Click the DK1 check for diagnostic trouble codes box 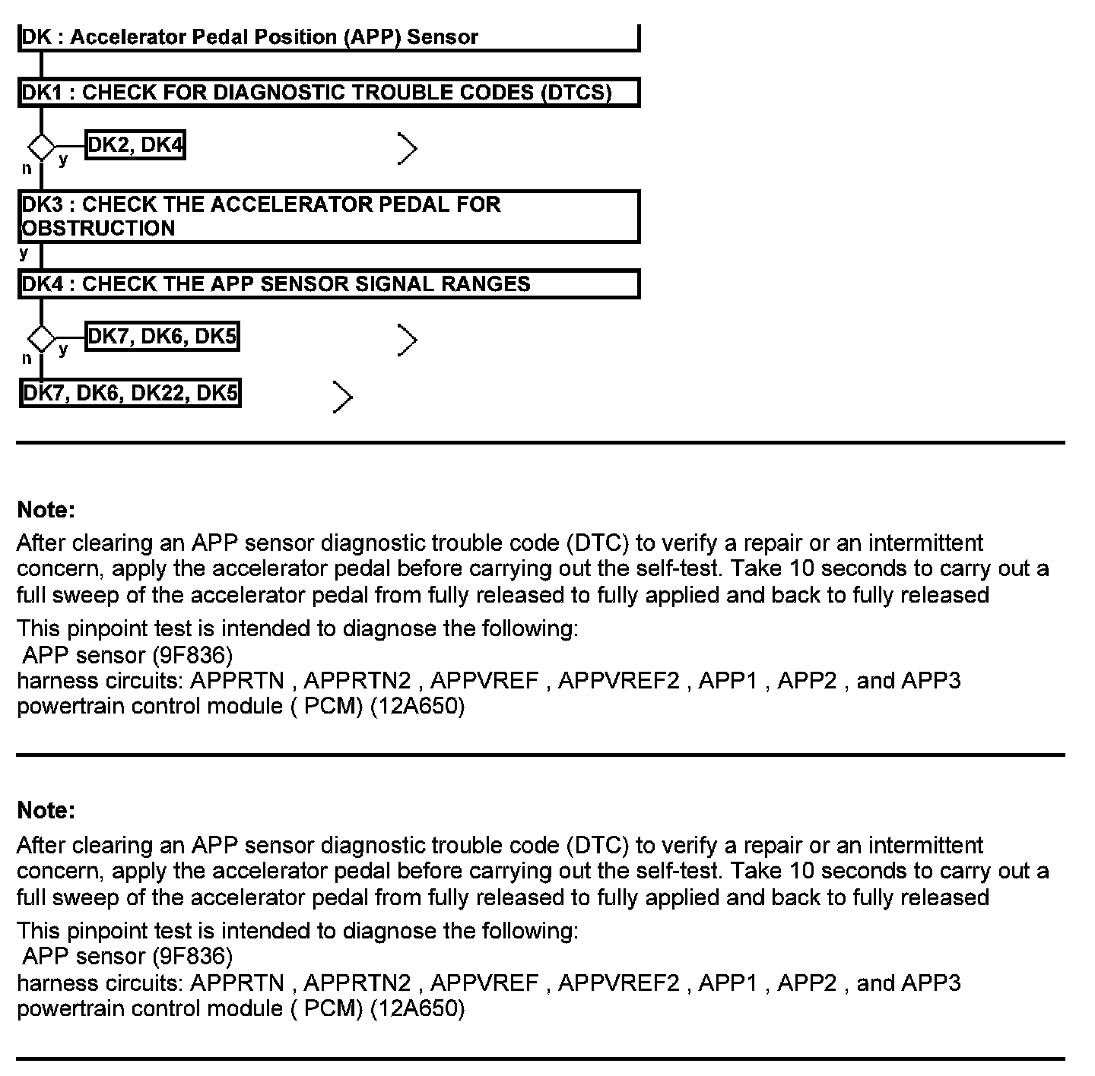(328, 93)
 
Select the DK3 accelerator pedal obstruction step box (328, 217)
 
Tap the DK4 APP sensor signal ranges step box (328, 284)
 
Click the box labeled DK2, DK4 (135, 144)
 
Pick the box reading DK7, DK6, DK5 (162, 336)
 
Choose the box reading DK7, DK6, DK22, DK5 (130, 393)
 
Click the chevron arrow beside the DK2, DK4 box (408, 149)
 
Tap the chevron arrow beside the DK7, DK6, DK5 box (408, 340)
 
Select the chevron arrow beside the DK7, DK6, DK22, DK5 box (343, 397)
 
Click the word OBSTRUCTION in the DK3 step (99, 229)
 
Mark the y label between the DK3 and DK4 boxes (24, 253)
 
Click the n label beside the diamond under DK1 (27, 169)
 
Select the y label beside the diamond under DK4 (63, 349)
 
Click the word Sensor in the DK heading (443, 37)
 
